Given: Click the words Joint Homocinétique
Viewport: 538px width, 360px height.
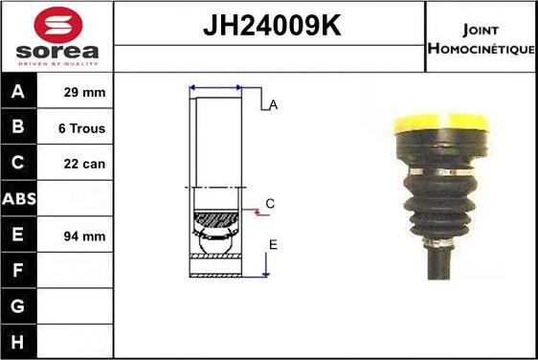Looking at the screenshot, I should click(481, 37).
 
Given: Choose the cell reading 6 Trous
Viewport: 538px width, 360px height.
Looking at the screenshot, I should click(81, 128).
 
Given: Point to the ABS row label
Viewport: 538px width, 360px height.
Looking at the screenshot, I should click(19, 199).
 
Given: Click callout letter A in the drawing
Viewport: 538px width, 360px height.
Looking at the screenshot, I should click(273, 105).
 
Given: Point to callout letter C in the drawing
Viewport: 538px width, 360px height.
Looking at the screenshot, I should click(270, 204).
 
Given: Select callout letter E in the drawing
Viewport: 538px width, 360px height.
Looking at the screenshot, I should click(273, 245).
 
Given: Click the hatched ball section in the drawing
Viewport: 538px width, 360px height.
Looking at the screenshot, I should click(216, 222).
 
